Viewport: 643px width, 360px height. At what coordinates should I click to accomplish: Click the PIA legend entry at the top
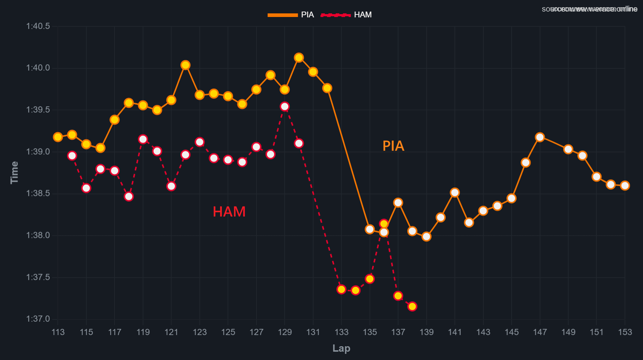pos(291,15)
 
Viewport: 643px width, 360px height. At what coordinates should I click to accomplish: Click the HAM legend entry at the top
pos(346,15)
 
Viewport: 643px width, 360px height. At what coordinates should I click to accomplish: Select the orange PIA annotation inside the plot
pos(393,146)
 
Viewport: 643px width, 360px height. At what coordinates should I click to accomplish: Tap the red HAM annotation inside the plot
pos(229,212)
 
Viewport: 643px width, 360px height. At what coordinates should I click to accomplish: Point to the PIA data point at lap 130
pos(299,57)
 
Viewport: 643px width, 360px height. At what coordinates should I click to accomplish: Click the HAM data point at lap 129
pos(285,106)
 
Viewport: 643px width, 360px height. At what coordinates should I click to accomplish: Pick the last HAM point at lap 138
pos(412,307)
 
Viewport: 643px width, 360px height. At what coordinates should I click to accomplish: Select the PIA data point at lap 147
pos(540,137)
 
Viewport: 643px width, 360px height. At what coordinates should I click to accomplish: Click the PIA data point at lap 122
pos(185,65)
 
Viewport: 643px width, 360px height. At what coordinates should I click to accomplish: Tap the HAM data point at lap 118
pos(129,197)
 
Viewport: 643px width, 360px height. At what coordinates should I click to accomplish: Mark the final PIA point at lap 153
pos(625,185)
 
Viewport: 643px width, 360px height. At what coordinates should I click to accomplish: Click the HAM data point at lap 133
pos(341,289)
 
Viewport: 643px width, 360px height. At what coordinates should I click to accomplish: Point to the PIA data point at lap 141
pos(455,192)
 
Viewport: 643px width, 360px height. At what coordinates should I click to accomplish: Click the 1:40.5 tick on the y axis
pos(38,26)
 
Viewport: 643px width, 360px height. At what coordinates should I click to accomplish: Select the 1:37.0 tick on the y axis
pos(38,319)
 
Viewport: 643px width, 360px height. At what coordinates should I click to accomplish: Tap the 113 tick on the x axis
pos(58,332)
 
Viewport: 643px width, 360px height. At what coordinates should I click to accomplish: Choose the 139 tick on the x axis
pos(426,332)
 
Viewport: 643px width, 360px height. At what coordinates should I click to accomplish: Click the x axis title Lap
pos(341,348)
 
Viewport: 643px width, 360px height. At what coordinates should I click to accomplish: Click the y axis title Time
pos(14,172)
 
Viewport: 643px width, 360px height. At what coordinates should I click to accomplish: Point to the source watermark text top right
pos(590,9)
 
